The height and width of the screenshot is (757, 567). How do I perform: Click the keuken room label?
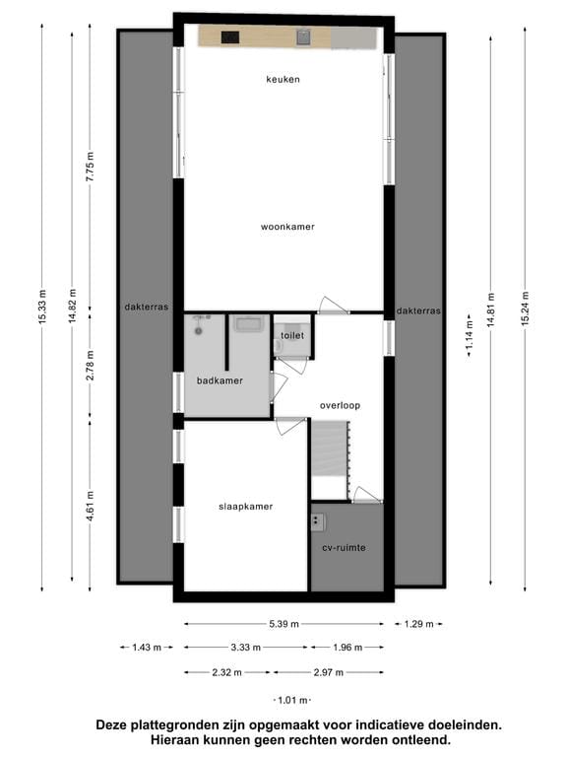click(283, 79)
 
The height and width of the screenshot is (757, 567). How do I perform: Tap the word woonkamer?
click(287, 227)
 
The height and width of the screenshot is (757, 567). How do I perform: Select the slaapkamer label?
click(245, 507)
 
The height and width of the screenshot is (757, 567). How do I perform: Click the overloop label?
click(340, 405)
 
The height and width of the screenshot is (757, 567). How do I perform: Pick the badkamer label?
click(220, 380)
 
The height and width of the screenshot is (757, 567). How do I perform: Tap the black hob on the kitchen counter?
click(230, 38)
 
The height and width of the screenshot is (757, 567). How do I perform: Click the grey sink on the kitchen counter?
click(304, 37)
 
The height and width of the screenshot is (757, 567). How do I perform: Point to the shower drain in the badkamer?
click(199, 331)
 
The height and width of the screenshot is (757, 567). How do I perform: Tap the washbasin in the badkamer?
click(247, 324)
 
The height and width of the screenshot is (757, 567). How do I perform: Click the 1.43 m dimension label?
click(142, 648)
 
